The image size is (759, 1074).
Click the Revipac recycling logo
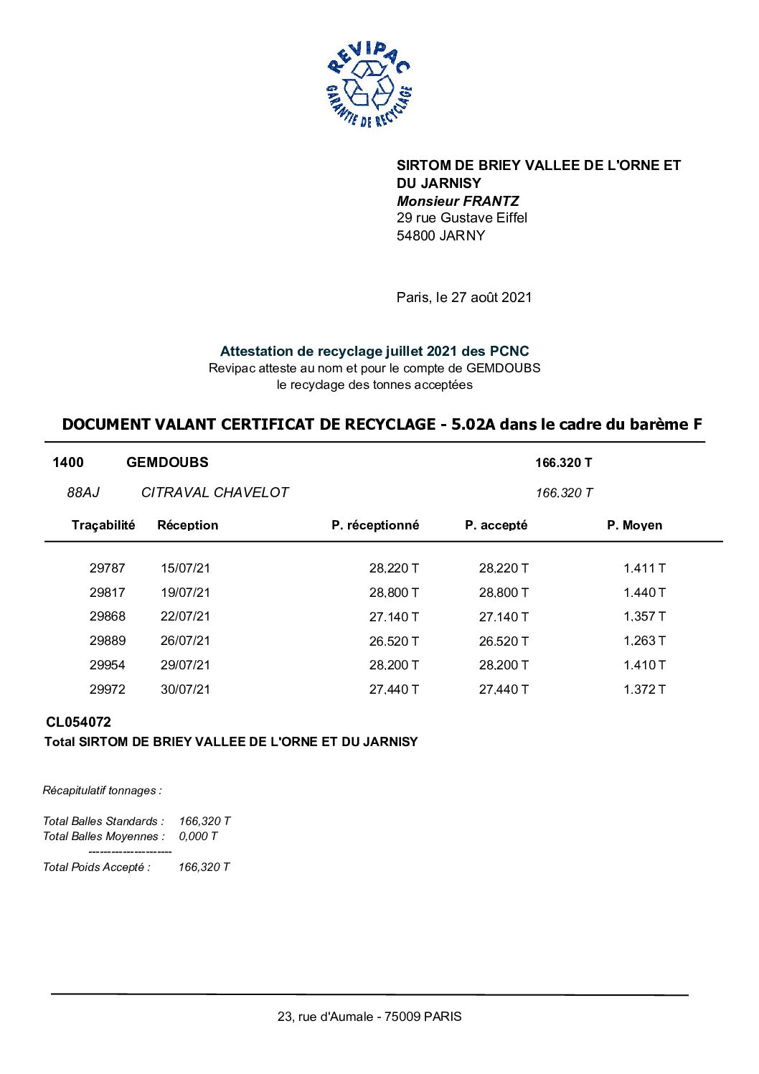pyautogui.click(x=369, y=85)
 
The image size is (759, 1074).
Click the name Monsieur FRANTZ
pyautogui.click(x=458, y=201)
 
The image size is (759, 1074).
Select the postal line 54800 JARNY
pyautogui.click(x=440, y=235)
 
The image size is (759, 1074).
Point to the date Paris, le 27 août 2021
pyautogui.click(x=464, y=297)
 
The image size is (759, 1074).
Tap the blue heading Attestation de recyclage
pyautogui.click(x=374, y=351)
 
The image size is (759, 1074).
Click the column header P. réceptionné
pyautogui.click(x=374, y=525)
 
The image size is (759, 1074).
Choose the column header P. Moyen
pyautogui.click(x=634, y=525)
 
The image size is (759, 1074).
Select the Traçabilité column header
pyautogui.click(x=103, y=525)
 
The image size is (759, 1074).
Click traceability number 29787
pyautogui.click(x=108, y=568)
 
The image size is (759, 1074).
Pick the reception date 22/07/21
pyautogui.click(x=185, y=616)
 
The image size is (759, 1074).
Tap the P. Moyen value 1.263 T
pyautogui.click(x=644, y=641)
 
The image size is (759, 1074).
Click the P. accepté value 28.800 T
pyautogui.click(x=504, y=593)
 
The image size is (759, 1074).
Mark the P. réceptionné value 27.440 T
pyautogui.click(x=394, y=689)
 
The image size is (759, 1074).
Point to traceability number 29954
pyautogui.click(x=108, y=665)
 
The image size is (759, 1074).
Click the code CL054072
pyautogui.click(x=79, y=722)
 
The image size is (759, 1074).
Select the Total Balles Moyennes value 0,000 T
pyautogui.click(x=198, y=836)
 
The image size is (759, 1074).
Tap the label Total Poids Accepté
pyautogui.click(x=97, y=867)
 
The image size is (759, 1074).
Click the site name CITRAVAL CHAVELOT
pyautogui.click(x=214, y=492)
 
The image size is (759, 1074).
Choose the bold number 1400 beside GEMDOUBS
pyautogui.click(x=68, y=463)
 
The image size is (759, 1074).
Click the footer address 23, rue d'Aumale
pyautogui.click(x=369, y=1017)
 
